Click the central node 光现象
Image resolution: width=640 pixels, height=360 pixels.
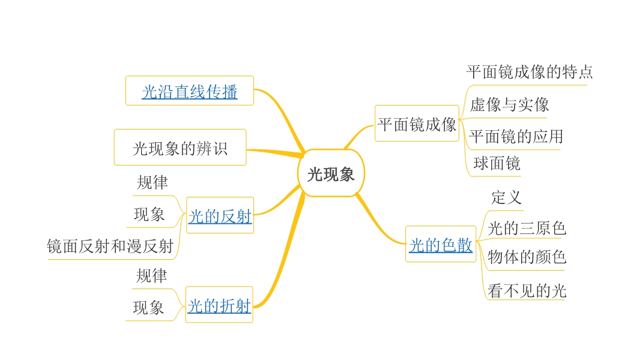click(x=331, y=174)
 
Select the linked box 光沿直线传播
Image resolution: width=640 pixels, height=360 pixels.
click(x=190, y=92)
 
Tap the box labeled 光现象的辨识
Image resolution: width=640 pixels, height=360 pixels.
click(x=180, y=148)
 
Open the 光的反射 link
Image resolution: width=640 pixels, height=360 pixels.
click(x=220, y=216)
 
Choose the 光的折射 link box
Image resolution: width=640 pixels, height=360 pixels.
click(x=219, y=306)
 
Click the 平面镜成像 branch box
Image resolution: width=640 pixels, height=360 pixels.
click(x=417, y=124)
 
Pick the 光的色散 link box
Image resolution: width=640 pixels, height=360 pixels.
click(x=441, y=245)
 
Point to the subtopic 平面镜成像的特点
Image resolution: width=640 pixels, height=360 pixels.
click(x=529, y=73)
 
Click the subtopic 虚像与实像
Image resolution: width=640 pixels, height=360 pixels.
click(x=509, y=105)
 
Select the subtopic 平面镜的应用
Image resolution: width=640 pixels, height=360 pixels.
click(x=516, y=136)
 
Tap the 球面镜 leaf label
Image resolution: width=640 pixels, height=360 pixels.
click(x=497, y=163)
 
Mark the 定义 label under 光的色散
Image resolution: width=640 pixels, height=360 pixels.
click(x=506, y=197)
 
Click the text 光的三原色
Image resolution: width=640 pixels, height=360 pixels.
click(x=527, y=228)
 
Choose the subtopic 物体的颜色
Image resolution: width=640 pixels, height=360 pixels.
click(x=527, y=257)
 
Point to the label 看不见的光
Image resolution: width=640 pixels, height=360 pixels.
click(x=527, y=292)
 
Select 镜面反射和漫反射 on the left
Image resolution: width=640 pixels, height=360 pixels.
click(x=110, y=246)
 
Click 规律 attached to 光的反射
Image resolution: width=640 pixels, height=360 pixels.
click(x=152, y=182)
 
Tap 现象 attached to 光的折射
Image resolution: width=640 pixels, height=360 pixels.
click(x=148, y=308)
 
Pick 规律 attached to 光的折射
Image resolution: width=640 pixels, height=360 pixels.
click(x=151, y=276)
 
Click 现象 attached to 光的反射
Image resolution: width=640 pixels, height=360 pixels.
click(x=149, y=214)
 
